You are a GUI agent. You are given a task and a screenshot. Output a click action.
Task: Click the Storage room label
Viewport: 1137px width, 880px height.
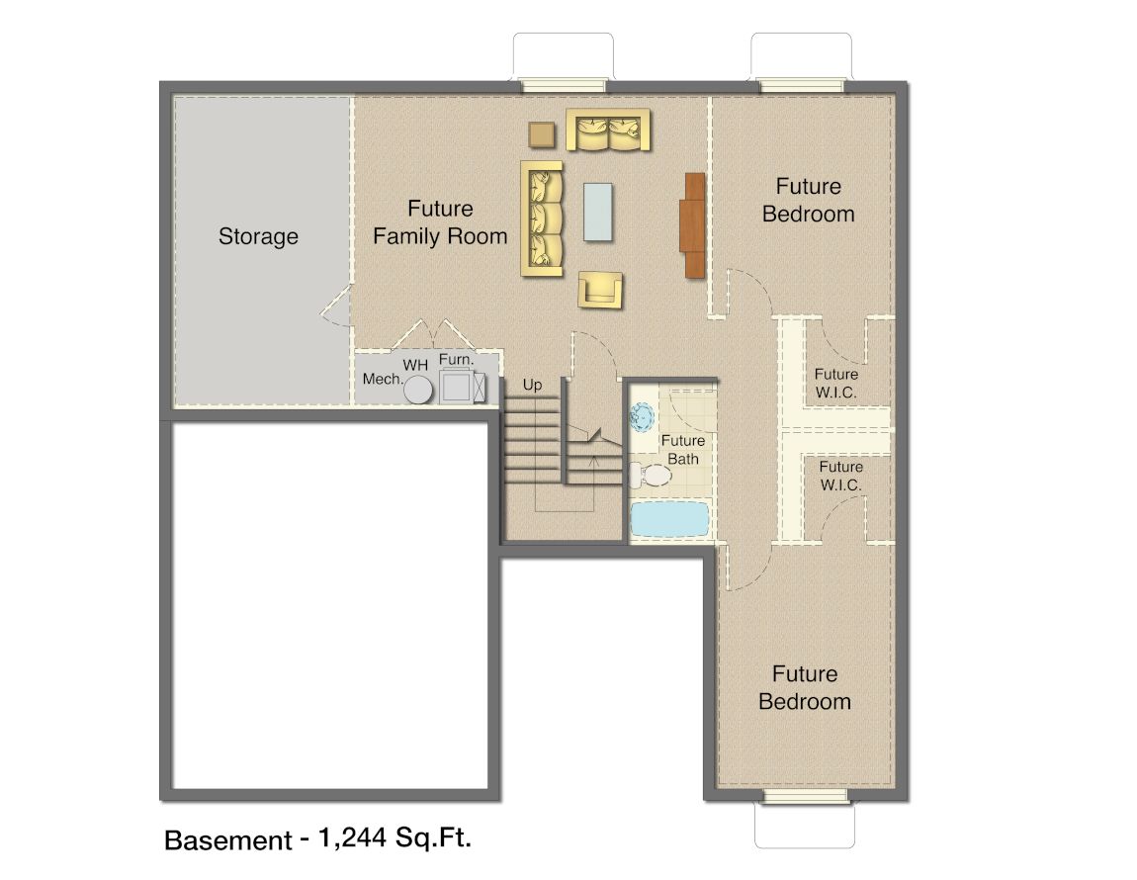click(x=258, y=236)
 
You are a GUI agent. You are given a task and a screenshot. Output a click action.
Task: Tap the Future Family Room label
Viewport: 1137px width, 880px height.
click(x=440, y=222)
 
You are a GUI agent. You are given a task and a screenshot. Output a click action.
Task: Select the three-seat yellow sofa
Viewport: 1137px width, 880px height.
click(x=542, y=219)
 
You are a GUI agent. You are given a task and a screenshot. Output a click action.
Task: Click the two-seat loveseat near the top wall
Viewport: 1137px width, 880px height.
click(x=608, y=130)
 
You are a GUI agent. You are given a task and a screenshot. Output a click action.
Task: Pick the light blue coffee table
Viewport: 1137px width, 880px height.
click(x=597, y=212)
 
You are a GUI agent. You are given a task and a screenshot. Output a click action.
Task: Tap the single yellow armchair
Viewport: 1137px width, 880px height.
click(x=600, y=290)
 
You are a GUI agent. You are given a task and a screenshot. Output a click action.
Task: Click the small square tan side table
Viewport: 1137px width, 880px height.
click(x=542, y=134)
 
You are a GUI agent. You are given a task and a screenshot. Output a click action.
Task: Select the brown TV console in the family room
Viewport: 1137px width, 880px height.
click(x=694, y=224)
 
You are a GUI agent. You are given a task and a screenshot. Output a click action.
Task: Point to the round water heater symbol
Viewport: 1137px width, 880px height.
click(x=418, y=390)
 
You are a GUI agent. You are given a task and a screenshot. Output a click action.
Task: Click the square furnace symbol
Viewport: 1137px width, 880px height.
click(x=457, y=386)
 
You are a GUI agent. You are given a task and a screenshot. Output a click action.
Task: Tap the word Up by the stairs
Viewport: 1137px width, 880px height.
click(x=532, y=386)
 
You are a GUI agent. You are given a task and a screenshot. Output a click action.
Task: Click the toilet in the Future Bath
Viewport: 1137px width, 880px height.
click(x=652, y=476)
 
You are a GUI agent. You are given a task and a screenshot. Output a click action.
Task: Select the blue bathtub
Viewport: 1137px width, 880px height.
click(x=669, y=519)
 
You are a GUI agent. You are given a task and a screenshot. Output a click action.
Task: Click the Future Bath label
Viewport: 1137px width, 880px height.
click(x=683, y=450)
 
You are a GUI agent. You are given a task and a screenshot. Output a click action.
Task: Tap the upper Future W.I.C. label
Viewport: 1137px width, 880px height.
click(x=836, y=383)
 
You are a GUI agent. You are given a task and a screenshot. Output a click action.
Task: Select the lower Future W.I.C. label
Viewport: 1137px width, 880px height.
click(x=841, y=476)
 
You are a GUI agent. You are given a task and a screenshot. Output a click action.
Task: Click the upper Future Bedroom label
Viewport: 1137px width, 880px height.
click(x=809, y=201)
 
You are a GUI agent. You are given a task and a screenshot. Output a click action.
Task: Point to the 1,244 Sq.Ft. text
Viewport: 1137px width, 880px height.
click(x=395, y=837)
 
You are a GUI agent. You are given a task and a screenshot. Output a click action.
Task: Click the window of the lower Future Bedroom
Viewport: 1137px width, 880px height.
click(x=805, y=797)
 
